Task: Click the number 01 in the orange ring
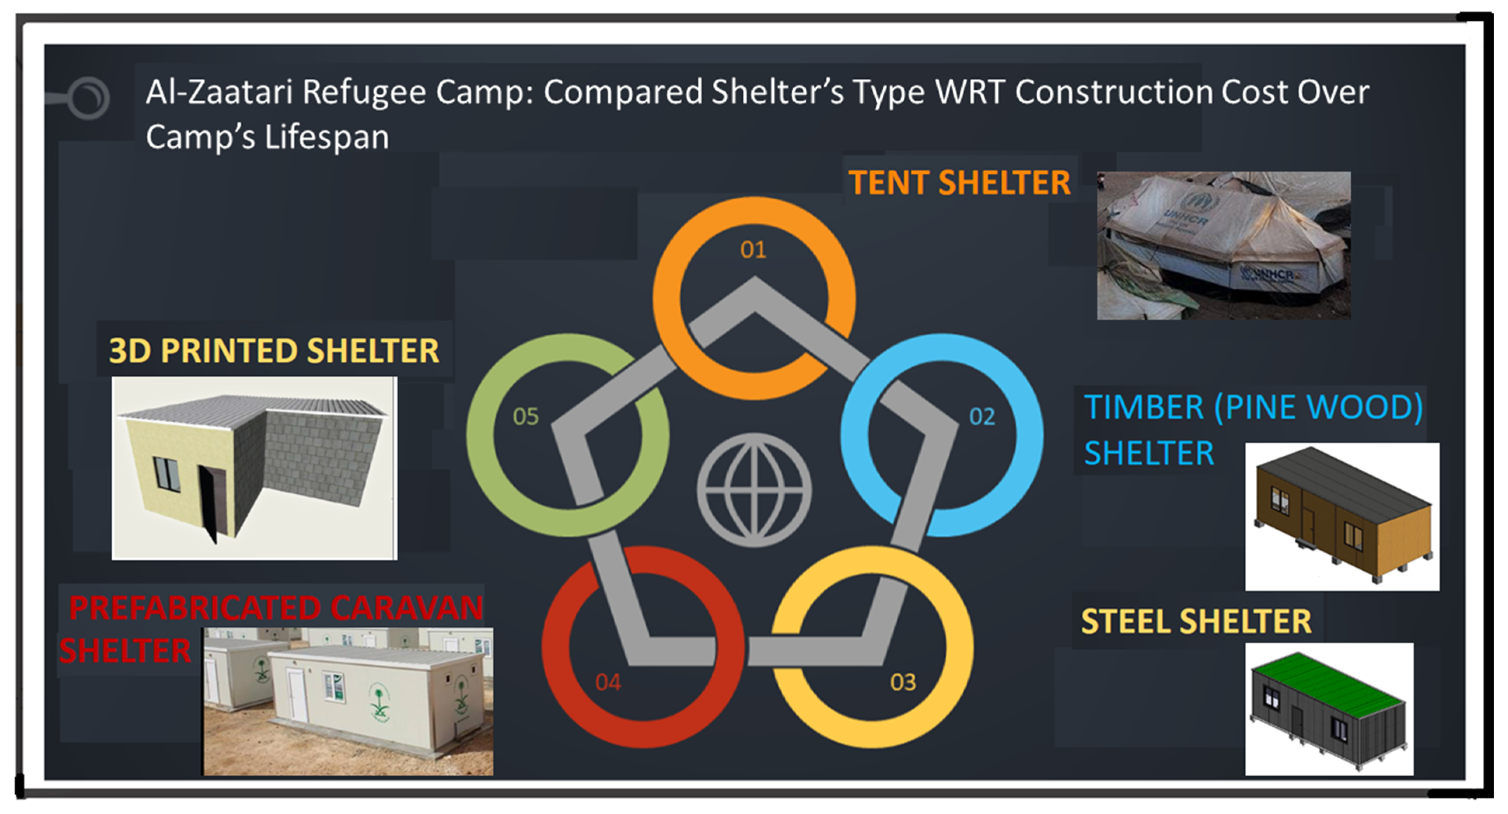pyautogui.click(x=753, y=250)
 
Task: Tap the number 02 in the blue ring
pyautogui.click(x=982, y=417)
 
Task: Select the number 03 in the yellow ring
pyautogui.click(x=903, y=682)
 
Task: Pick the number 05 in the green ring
pyautogui.click(x=526, y=417)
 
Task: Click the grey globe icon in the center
pyautogui.click(x=754, y=490)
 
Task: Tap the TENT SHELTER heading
pyautogui.click(x=960, y=183)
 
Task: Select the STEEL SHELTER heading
pyautogui.click(x=1196, y=621)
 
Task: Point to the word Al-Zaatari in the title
pyautogui.click(x=219, y=92)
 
